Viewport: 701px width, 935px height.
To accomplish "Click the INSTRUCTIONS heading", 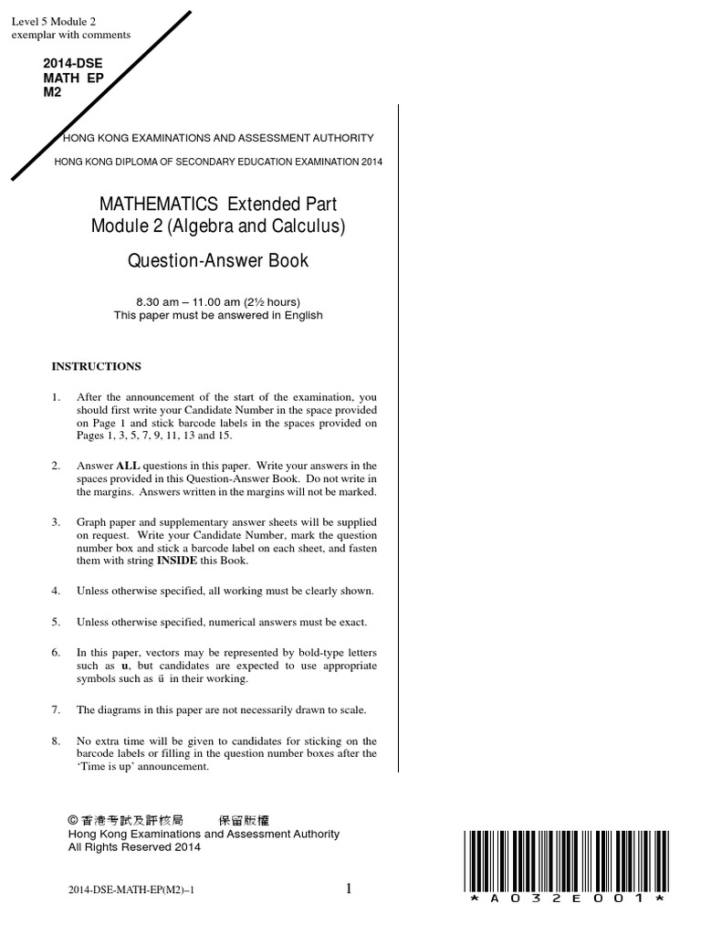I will pyautogui.click(x=96, y=366).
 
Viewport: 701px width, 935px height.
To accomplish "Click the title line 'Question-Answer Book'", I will pyautogui.click(x=217, y=261).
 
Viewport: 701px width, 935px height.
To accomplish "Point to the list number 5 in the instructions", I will pyautogui.click(x=56, y=622).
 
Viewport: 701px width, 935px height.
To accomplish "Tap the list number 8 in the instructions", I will pyautogui.click(x=56, y=741).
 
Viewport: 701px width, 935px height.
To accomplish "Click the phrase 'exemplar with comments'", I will pyautogui.click(x=70, y=35).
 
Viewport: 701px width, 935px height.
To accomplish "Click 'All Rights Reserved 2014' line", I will pyautogui.click(x=135, y=846).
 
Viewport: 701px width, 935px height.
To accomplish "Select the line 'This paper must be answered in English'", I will pyautogui.click(x=217, y=316).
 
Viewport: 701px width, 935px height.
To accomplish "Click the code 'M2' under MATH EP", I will pyautogui.click(x=52, y=92).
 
